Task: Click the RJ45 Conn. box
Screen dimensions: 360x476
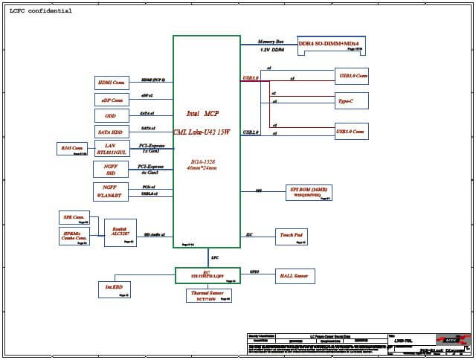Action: [x=73, y=149]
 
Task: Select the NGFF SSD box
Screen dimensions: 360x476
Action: [x=112, y=170]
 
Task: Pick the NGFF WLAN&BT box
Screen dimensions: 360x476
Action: [x=112, y=190]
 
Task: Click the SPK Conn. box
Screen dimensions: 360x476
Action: [x=74, y=218]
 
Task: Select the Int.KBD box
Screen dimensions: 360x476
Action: [x=114, y=288]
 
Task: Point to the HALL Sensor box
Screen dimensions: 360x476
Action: [x=295, y=276]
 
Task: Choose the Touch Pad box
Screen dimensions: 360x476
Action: [x=291, y=237]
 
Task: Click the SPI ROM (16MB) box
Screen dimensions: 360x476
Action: [x=311, y=192]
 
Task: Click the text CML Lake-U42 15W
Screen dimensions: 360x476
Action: [x=202, y=132]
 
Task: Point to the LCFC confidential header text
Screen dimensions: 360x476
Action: [x=41, y=11]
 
